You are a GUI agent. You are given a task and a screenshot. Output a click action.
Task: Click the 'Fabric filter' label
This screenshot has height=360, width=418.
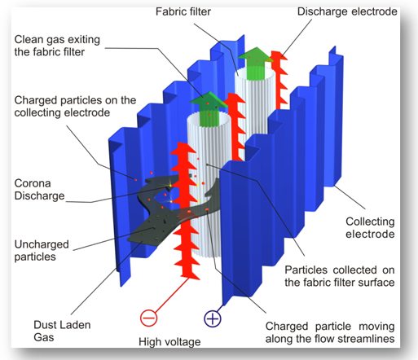[x=183, y=11]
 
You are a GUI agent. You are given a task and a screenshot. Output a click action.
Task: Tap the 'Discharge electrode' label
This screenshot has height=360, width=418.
[x=347, y=11]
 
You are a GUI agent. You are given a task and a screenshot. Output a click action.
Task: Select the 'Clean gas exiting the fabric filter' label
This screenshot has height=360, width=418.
[x=57, y=46]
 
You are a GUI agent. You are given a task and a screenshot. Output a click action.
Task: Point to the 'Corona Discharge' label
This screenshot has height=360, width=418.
[x=39, y=190]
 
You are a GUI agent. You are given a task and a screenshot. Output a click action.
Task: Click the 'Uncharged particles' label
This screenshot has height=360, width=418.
[x=42, y=250]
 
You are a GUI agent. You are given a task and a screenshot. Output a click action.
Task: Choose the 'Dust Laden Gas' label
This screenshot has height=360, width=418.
[x=62, y=331]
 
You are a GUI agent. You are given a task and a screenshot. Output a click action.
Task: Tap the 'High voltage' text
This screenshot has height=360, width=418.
[x=169, y=342]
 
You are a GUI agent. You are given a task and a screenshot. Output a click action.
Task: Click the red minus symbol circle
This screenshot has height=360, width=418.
[x=148, y=318]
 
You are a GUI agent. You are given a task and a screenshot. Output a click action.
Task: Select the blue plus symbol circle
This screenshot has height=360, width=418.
[x=213, y=318]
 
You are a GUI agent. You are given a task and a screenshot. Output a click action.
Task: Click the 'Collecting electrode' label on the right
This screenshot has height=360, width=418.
[x=370, y=227]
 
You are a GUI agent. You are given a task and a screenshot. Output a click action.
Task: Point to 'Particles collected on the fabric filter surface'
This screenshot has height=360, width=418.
[x=340, y=276]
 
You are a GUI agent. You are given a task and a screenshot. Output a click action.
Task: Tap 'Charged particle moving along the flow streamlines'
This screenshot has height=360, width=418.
[x=330, y=332]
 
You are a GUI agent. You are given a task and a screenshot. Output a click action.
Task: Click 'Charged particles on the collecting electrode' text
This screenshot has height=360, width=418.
[x=75, y=107]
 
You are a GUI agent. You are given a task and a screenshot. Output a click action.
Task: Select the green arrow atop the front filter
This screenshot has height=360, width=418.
[x=209, y=109]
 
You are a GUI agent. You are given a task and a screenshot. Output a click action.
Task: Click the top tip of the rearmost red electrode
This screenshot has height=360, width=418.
[x=277, y=51]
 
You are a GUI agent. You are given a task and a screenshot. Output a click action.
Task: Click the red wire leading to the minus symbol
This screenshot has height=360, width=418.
[x=172, y=295]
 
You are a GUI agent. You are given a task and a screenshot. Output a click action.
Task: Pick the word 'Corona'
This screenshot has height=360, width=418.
[x=33, y=183]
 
